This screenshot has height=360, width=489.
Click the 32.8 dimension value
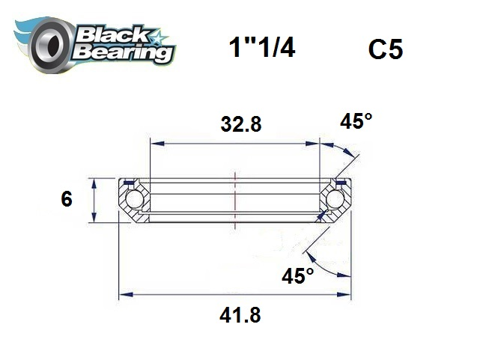pos(240,125)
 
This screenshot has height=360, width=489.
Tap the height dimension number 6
pos(67,200)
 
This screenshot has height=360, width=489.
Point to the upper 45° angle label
pos(356,120)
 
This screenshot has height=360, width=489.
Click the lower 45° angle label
pos(297,275)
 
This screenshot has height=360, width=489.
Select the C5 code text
pos(386,49)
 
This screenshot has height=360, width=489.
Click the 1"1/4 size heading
pos(261,49)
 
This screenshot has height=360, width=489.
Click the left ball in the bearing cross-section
pos(134,200)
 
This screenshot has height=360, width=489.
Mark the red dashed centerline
pos(235,194)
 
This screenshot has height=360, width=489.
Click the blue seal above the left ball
pos(130,182)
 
